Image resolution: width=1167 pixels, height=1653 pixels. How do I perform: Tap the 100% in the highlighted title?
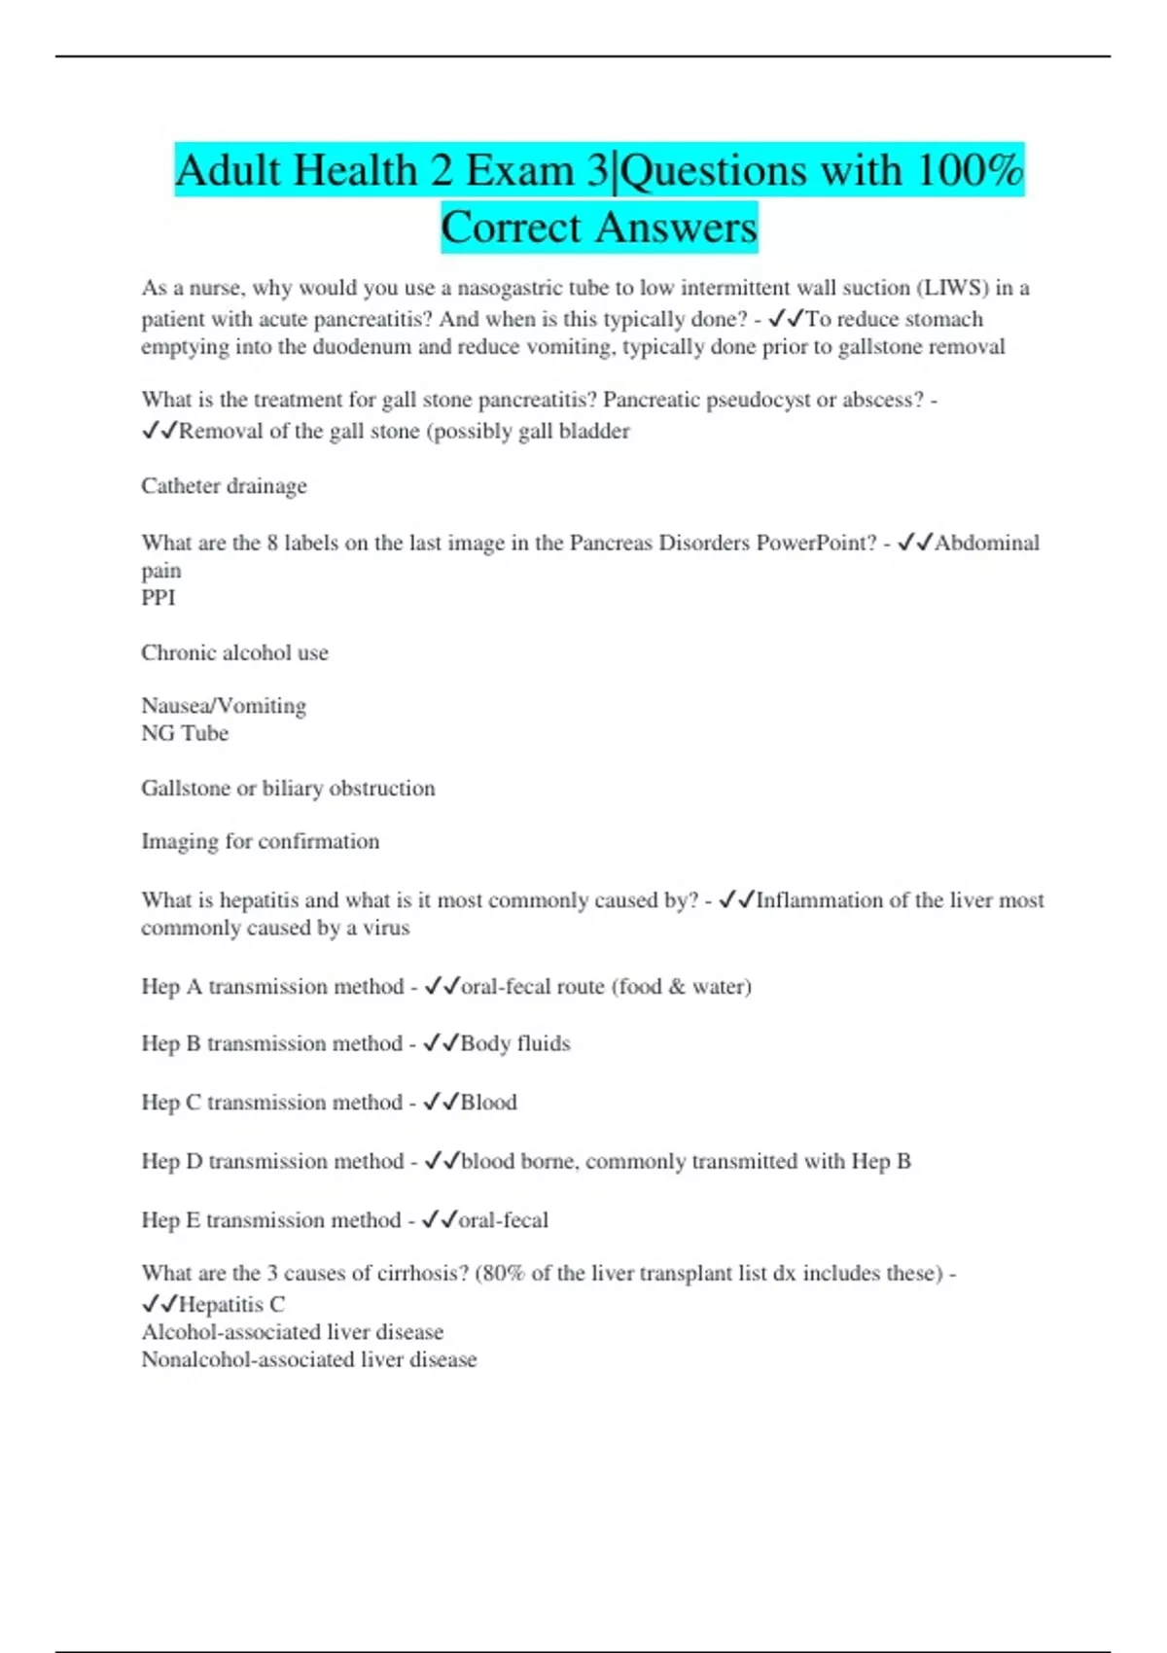[x=969, y=171]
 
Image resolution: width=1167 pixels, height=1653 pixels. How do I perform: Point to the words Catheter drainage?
[x=224, y=486]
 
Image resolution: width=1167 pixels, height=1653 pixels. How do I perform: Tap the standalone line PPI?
[x=159, y=598]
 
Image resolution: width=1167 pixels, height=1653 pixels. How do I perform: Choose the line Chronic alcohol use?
[x=234, y=652]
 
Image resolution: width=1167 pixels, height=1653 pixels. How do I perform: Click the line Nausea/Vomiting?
[x=224, y=706]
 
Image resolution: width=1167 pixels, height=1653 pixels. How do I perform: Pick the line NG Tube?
[x=185, y=733]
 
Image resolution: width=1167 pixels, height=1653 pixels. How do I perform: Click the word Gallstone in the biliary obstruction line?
[x=185, y=789]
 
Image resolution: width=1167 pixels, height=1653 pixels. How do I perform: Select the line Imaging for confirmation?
[x=260, y=841]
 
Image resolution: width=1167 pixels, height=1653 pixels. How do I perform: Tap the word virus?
[x=386, y=928]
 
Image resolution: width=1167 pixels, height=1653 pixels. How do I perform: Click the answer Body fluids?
[x=515, y=1043]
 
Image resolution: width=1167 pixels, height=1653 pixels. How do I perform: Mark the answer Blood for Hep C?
[x=489, y=1103]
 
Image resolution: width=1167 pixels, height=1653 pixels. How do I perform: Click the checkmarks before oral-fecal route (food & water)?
[x=442, y=987]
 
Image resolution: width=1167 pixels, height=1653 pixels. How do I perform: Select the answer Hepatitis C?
[x=231, y=1305]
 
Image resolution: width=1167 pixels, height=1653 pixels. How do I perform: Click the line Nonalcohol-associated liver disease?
[x=308, y=1359]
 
